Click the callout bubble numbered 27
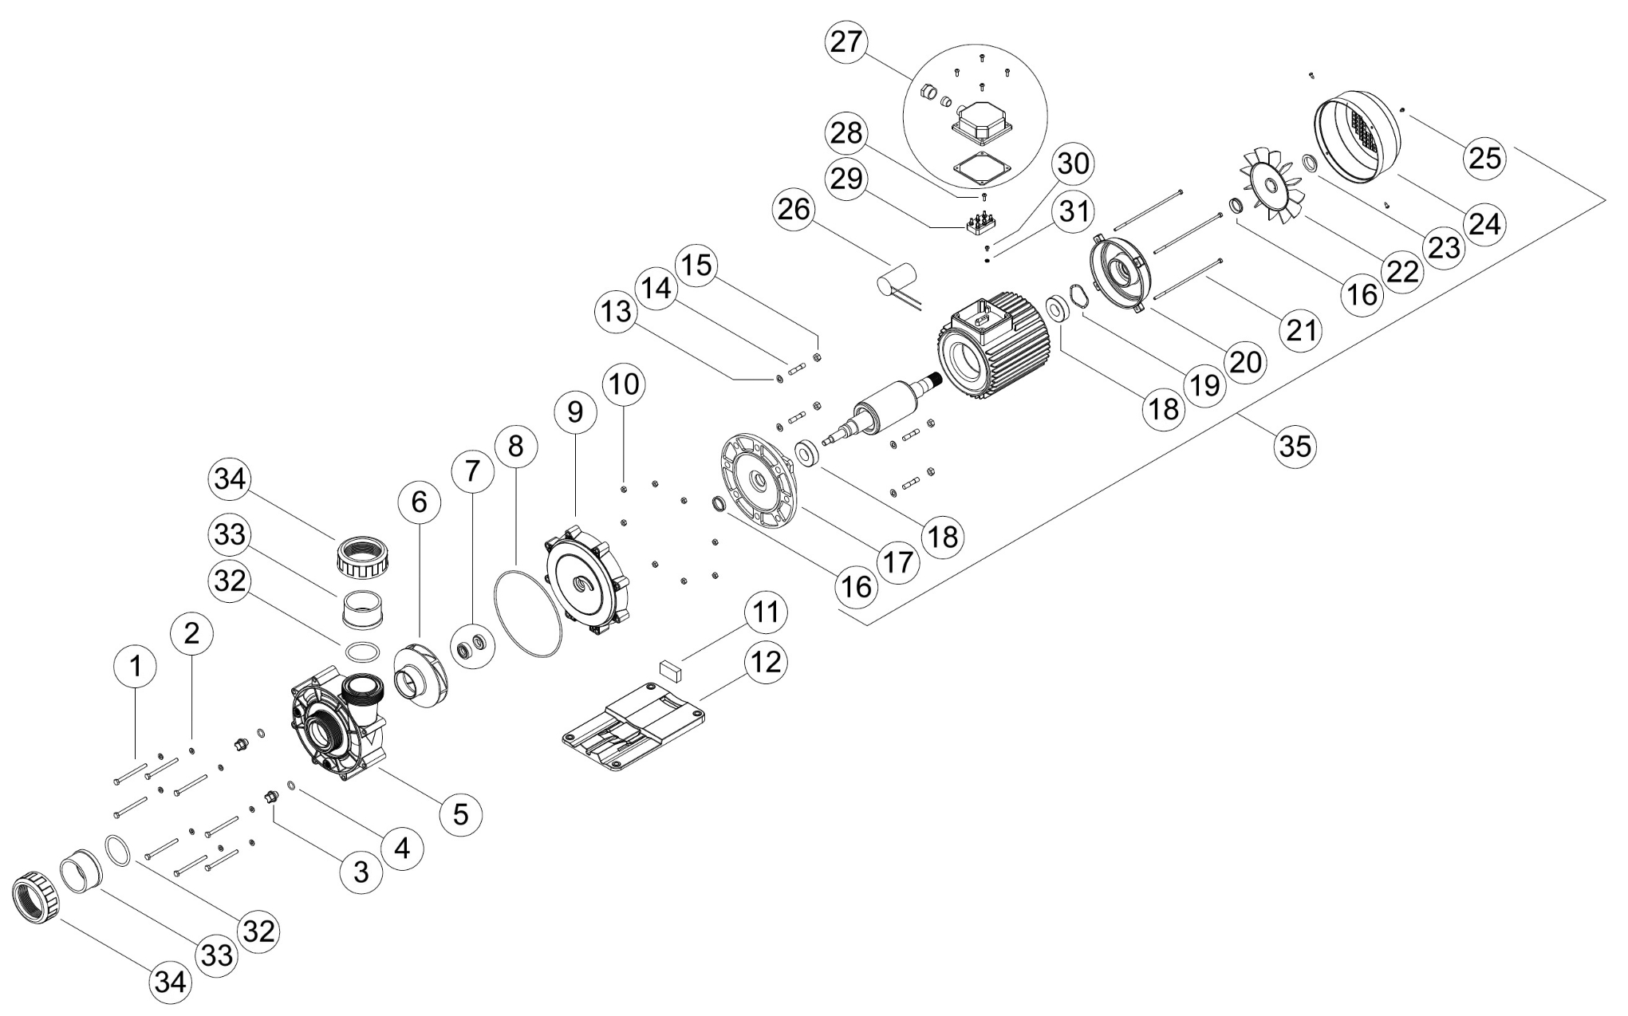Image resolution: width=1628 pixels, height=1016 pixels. pyautogui.click(x=846, y=42)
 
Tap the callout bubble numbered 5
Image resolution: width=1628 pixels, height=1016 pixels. pyautogui.click(x=461, y=813)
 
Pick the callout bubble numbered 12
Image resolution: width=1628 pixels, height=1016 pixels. pyautogui.click(x=766, y=661)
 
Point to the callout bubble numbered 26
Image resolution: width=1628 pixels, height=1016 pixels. pyautogui.click(x=794, y=210)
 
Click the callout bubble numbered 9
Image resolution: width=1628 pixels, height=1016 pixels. pyautogui.click(x=575, y=412)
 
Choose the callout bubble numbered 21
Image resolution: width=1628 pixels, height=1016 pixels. pyautogui.click(x=1301, y=328)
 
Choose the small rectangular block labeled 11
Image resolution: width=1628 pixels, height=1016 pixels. pyautogui.click(x=669, y=669)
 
